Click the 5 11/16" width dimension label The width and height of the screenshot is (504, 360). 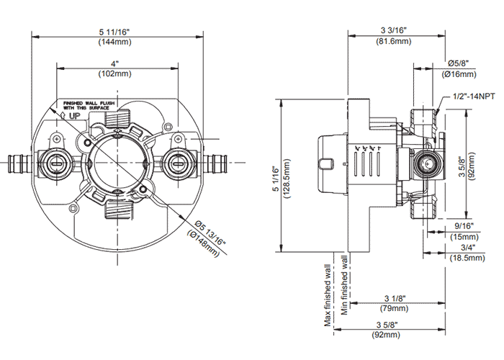click(x=115, y=31)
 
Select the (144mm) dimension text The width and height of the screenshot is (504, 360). click(x=115, y=42)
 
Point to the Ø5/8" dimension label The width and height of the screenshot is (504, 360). click(x=458, y=63)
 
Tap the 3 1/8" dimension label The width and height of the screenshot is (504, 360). click(x=395, y=298)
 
